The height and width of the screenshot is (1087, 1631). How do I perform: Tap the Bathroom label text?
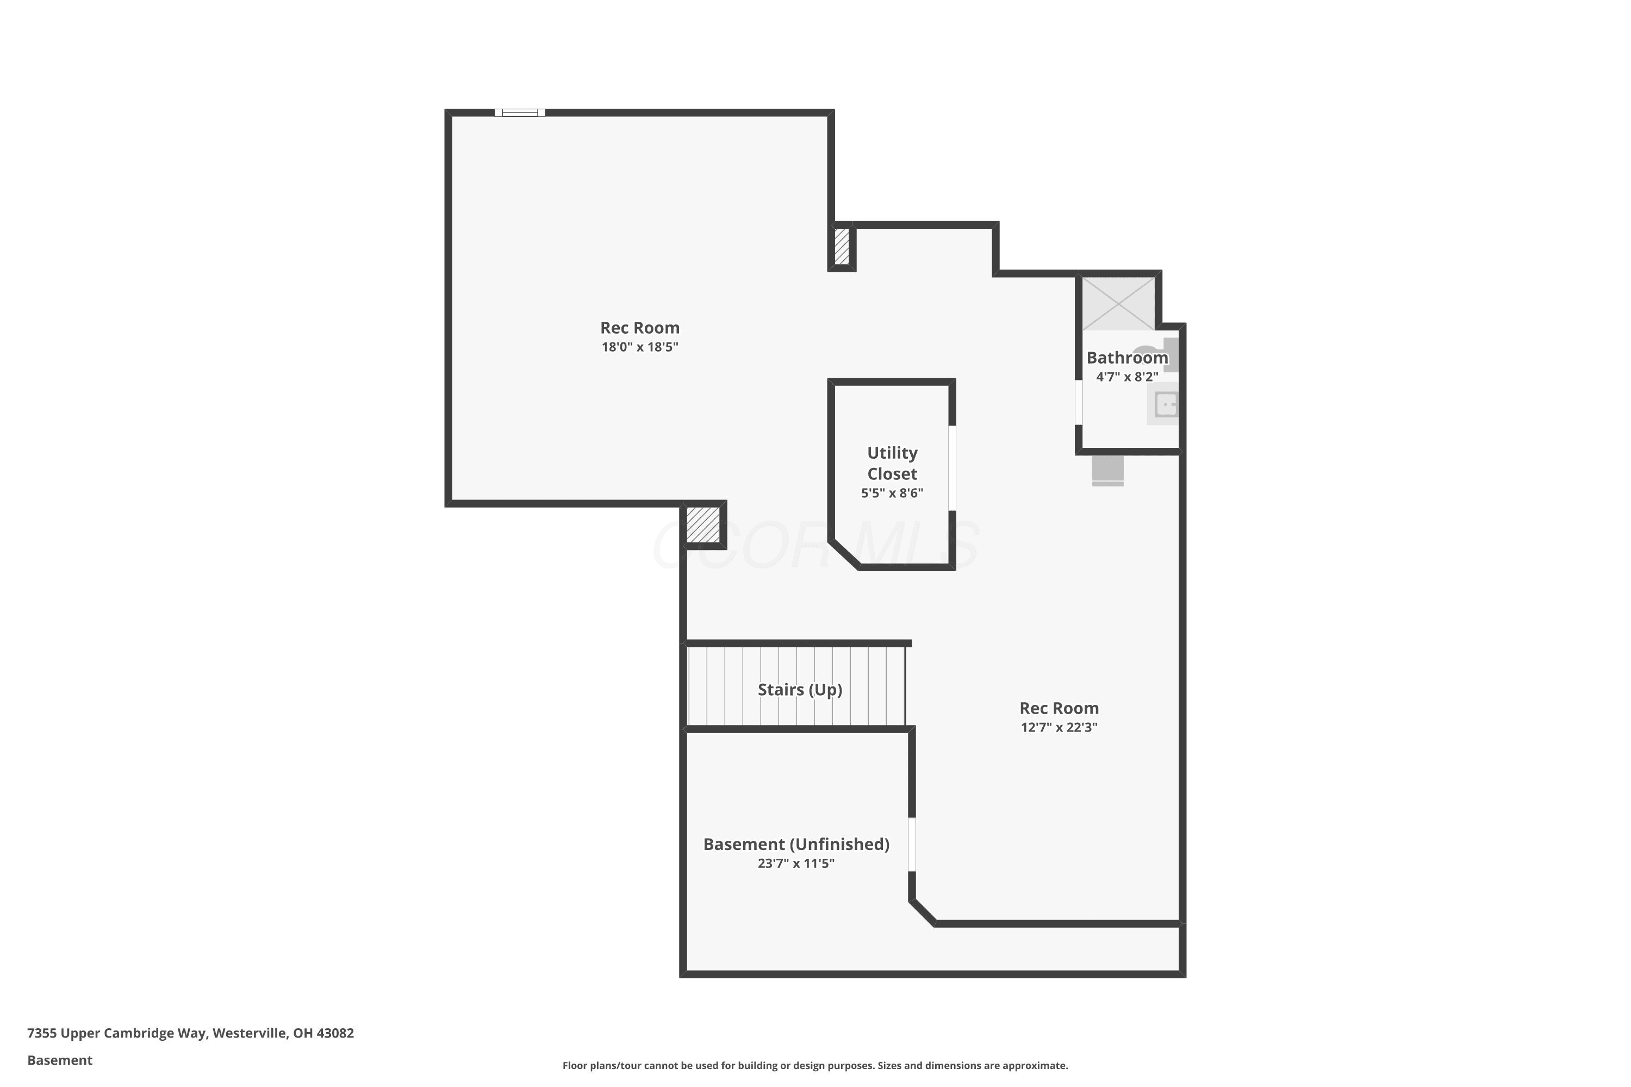[1127, 358]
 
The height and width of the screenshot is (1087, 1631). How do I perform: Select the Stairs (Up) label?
[800, 690]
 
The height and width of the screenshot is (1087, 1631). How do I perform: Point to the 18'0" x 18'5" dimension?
[639, 347]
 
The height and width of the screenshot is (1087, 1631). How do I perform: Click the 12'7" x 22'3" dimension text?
[1059, 727]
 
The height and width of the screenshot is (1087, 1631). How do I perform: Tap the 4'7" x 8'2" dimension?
[1127, 377]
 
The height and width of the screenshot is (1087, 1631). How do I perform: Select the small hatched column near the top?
[841, 246]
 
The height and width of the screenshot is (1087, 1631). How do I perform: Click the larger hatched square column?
[703, 525]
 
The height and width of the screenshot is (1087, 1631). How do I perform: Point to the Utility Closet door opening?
[952, 468]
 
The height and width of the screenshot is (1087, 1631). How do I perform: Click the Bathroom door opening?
[1078, 402]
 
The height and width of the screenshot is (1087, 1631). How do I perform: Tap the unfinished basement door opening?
[912, 845]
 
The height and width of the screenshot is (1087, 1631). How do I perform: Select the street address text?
[191, 1033]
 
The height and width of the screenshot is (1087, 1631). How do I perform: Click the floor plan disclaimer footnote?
[815, 1065]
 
